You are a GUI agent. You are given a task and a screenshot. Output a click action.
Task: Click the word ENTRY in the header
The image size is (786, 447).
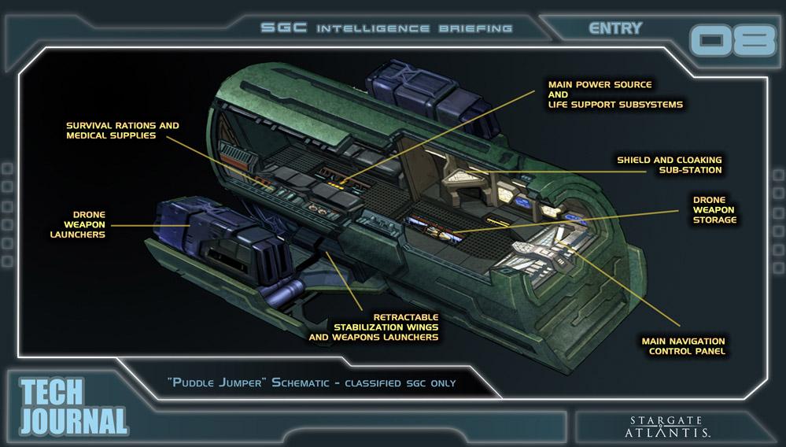pos(615,28)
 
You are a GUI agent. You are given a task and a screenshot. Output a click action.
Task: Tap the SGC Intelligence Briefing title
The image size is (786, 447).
pos(386,29)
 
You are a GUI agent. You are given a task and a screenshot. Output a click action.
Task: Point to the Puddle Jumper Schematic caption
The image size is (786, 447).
pos(312,383)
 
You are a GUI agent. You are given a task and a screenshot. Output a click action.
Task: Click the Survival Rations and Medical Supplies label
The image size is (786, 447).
pos(122,131)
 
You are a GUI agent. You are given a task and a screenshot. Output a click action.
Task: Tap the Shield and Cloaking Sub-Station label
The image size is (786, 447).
pos(669,164)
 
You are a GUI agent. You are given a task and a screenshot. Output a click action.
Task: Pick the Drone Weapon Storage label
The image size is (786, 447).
pos(714,210)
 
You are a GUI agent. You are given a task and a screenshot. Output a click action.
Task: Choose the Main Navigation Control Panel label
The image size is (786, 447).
pos(681,345)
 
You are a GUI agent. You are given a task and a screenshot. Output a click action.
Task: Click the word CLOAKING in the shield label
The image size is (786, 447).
pos(695,160)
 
